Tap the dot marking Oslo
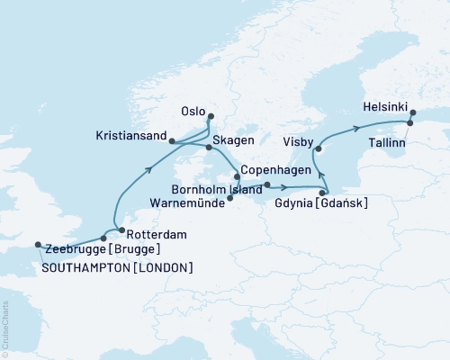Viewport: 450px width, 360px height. click(x=211, y=116)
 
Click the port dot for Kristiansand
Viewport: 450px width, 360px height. click(x=172, y=140)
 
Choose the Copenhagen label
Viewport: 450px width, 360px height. click(x=276, y=169)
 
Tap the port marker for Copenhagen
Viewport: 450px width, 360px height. click(x=238, y=176)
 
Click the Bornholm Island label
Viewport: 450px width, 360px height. click(x=219, y=190)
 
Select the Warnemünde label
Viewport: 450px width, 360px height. click(x=185, y=203)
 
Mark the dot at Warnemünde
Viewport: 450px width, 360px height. click(x=230, y=199)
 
